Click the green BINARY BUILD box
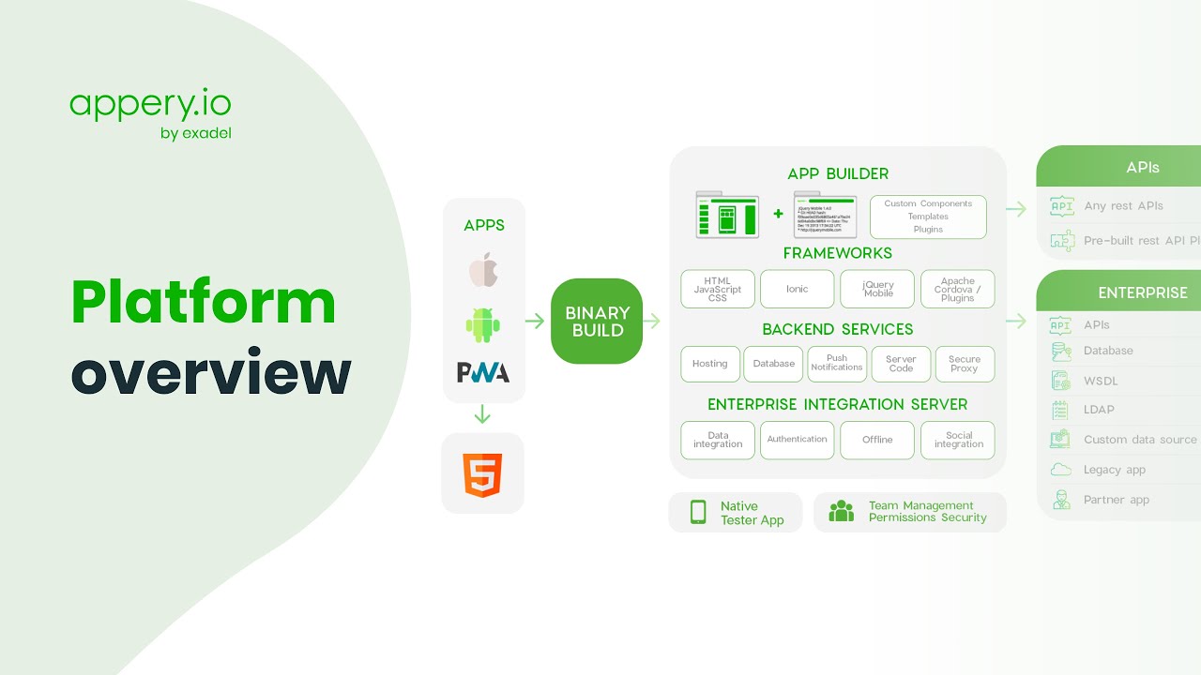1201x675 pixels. pyautogui.click(x=597, y=322)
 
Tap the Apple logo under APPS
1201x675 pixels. pyautogui.click(x=483, y=270)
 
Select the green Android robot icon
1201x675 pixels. pyautogui.click(x=483, y=324)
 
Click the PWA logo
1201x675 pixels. pyautogui.click(x=483, y=372)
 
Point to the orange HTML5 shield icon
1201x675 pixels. pyautogui.click(x=483, y=474)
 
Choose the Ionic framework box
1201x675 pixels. pyautogui.click(x=797, y=290)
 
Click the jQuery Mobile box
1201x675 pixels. pyautogui.click(x=878, y=290)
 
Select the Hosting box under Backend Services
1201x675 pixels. pyautogui.click(x=710, y=364)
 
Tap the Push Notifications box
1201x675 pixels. pyautogui.click(x=837, y=364)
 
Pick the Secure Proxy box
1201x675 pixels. pyautogui.click(x=965, y=364)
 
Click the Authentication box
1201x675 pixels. pyautogui.click(x=797, y=440)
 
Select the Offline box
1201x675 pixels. pyautogui.click(x=877, y=440)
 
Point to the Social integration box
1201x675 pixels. pyautogui.click(x=958, y=440)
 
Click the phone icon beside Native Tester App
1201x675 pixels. pyautogui.click(x=698, y=512)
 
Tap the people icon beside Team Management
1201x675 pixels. pyautogui.click(x=842, y=512)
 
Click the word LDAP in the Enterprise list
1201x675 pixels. pyautogui.click(x=1099, y=410)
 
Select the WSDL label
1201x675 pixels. pyautogui.click(x=1101, y=381)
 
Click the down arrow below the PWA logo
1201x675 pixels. pyautogui.click(x=483, y=414)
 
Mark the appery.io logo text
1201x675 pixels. pyautogui.click(x=150, y=103)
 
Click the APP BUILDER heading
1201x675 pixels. pyautogui.click(x=838, y=173)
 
